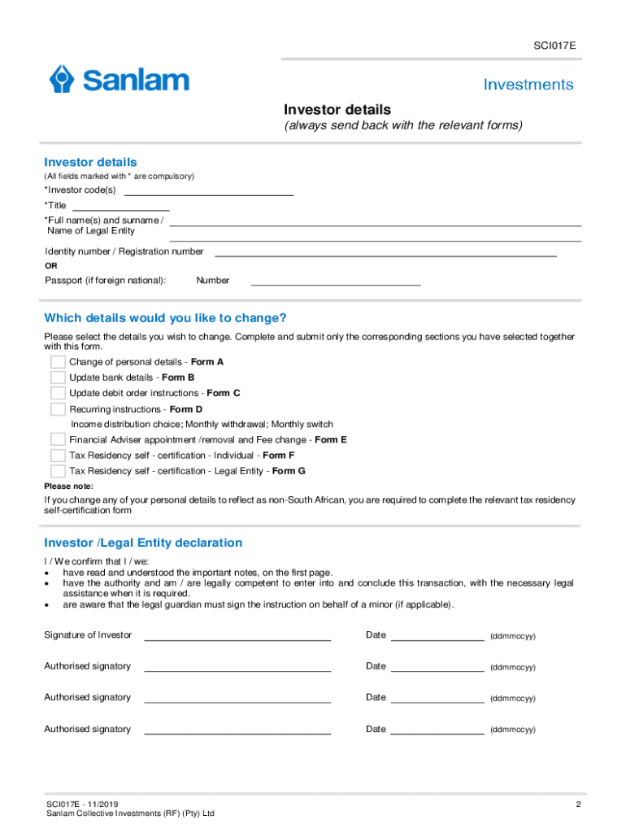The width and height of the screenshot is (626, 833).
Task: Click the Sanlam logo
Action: coord(119,80)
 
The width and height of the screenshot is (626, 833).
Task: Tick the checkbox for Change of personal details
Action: coord(58,362)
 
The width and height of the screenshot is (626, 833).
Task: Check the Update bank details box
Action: coord(58,377)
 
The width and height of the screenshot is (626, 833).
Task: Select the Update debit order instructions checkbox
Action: coord(58,393)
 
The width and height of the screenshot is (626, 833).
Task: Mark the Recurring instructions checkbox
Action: coord(58,409)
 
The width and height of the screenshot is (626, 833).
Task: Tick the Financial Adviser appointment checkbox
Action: coord(58,440)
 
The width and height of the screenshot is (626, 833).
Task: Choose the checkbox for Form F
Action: coord(58,456)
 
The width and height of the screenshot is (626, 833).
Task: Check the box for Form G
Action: coord(58,471)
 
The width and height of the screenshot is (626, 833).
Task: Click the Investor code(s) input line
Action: coord(208,191)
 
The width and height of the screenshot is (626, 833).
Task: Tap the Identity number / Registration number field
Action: coord(385,252)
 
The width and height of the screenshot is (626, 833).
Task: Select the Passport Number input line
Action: coord(336,281)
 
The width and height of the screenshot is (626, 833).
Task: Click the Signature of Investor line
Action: coord(237,636)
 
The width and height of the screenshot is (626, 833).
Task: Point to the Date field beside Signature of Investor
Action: coord(437,636)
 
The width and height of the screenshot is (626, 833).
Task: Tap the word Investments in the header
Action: coord(528,85)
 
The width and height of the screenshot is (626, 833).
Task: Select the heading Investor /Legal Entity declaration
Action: coord(143,543)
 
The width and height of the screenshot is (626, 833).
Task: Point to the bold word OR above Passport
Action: coord(51,266)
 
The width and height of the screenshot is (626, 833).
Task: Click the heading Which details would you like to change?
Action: coord(165,317)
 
